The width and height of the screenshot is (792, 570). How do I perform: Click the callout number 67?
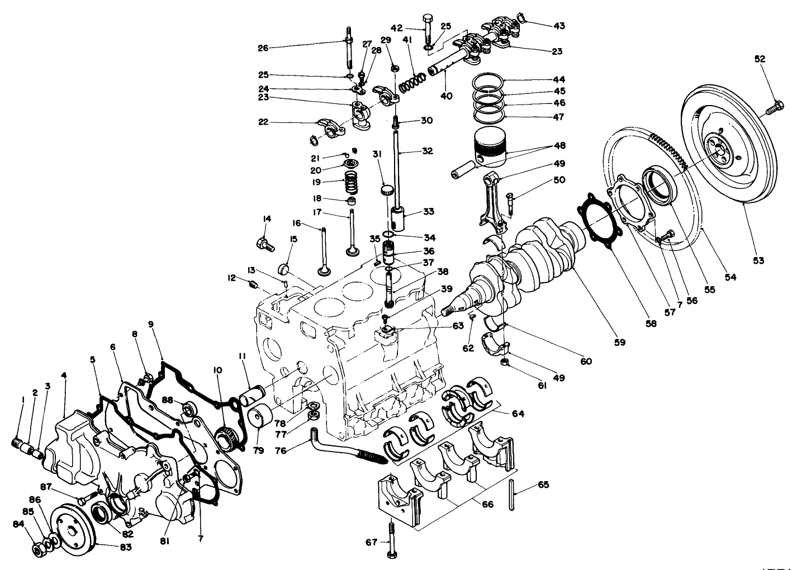click(371, 541)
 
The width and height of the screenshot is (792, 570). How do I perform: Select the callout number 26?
click(263, 48)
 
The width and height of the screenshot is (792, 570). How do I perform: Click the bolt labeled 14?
click(264, 243)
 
